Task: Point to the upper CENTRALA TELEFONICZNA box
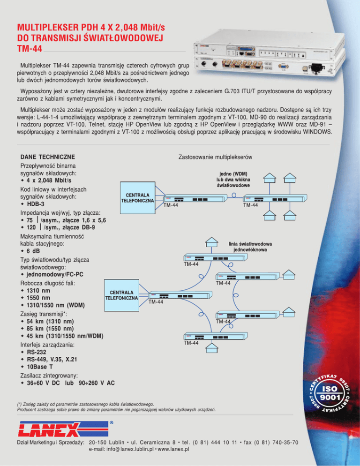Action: pyautogui.click(x=138, y=197)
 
